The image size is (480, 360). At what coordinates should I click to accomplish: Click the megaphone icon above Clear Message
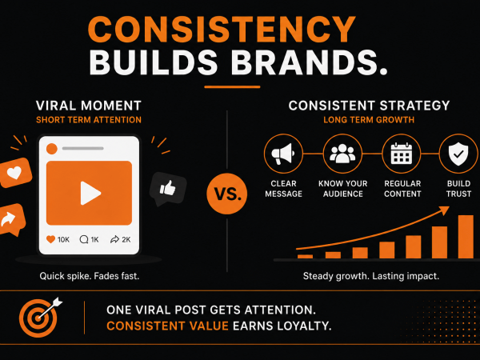[x=283, y=154]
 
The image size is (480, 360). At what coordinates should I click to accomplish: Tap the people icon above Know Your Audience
[x=342, y=153]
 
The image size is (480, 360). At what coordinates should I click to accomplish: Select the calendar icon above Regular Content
[x=402, y=154]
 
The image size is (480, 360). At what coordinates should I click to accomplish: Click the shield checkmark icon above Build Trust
[x=458, y=154]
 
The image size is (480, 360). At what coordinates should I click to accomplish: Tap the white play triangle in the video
[x=90, y=193]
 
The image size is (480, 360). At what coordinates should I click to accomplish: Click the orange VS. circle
[x=227, y=194]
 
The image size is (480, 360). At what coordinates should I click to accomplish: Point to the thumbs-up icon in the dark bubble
[x=168, y=188]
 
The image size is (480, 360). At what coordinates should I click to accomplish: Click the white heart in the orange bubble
[x=14, y=173]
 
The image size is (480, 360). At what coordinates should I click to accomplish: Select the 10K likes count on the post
[x=63, y=239]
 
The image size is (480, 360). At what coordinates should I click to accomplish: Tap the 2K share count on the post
[x=126, y=239]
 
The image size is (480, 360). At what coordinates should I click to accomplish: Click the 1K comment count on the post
[x=94, y=239]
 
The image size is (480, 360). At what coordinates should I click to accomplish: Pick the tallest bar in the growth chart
[x=466, y=237]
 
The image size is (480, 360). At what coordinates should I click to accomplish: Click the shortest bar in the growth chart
[x=306, y=257]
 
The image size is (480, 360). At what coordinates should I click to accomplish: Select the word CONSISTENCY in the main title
[x=222, y=30]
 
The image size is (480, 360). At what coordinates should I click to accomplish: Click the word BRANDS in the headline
[x=309, y=62]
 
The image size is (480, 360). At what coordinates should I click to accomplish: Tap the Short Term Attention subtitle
[x=89, y=120]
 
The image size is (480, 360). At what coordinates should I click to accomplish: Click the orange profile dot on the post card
[x=52, y=149]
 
